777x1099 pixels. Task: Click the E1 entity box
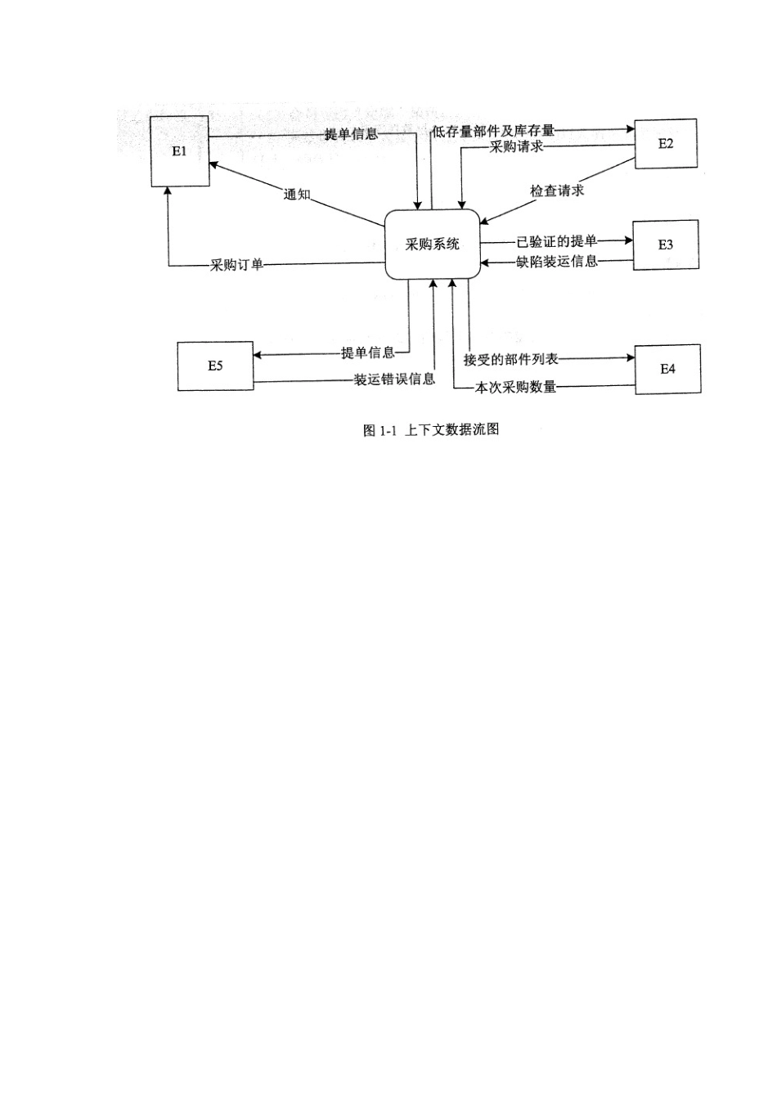(x=180, y=151)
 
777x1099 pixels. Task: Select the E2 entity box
(x=666, y=143)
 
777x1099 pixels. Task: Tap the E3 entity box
(x=666, y=244)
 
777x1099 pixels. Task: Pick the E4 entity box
(x=667, y=369)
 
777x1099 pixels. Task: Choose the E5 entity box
(x=215, y=366)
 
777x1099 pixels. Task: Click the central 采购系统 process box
(x=432, y=244)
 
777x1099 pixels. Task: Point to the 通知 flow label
(x=297, y=195)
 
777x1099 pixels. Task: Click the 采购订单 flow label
(x=236, y=265)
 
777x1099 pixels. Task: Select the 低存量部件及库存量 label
(x=493, y=131)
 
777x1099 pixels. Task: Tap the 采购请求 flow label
(x=516, y=146)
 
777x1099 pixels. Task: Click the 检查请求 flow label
(x=557, y=191)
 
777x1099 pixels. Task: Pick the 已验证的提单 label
(x=557, y=241)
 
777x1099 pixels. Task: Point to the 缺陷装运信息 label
(x=557, y=261)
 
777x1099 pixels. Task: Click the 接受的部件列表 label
(x=511, y=359)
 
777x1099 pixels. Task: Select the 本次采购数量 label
(x=515, y=387)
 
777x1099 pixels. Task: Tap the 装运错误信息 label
(x=394, y=379)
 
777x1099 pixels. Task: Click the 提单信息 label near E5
(x=367, y=352)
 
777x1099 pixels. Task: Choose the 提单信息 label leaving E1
(x=351, y=133)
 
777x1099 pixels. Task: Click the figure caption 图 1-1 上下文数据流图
(x=431, y=430)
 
